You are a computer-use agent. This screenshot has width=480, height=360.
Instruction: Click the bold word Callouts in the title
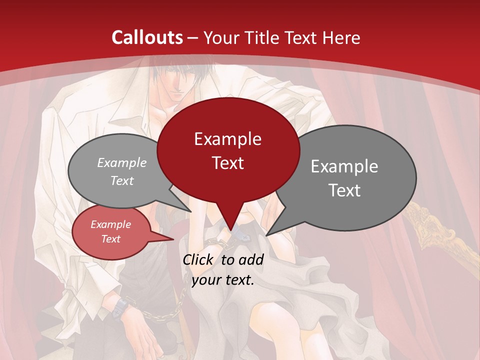147,37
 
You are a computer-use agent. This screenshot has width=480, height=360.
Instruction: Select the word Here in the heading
342,37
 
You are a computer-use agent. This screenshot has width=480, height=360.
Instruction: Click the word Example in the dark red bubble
227,139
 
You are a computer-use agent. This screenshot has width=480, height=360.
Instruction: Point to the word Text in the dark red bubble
227,163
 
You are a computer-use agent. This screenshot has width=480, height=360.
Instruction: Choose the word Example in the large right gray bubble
344,166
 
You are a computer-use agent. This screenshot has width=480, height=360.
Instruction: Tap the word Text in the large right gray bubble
344,190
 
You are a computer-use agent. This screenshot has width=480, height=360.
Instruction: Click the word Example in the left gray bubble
122,163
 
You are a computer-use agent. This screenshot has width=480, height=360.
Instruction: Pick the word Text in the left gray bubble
122,181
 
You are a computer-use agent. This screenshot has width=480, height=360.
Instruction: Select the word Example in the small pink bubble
111,224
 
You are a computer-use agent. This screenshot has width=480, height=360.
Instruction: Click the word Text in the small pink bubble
111,239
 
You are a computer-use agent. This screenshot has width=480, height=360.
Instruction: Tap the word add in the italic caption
251,259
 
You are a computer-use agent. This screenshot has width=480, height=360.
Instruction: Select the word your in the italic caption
206,280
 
